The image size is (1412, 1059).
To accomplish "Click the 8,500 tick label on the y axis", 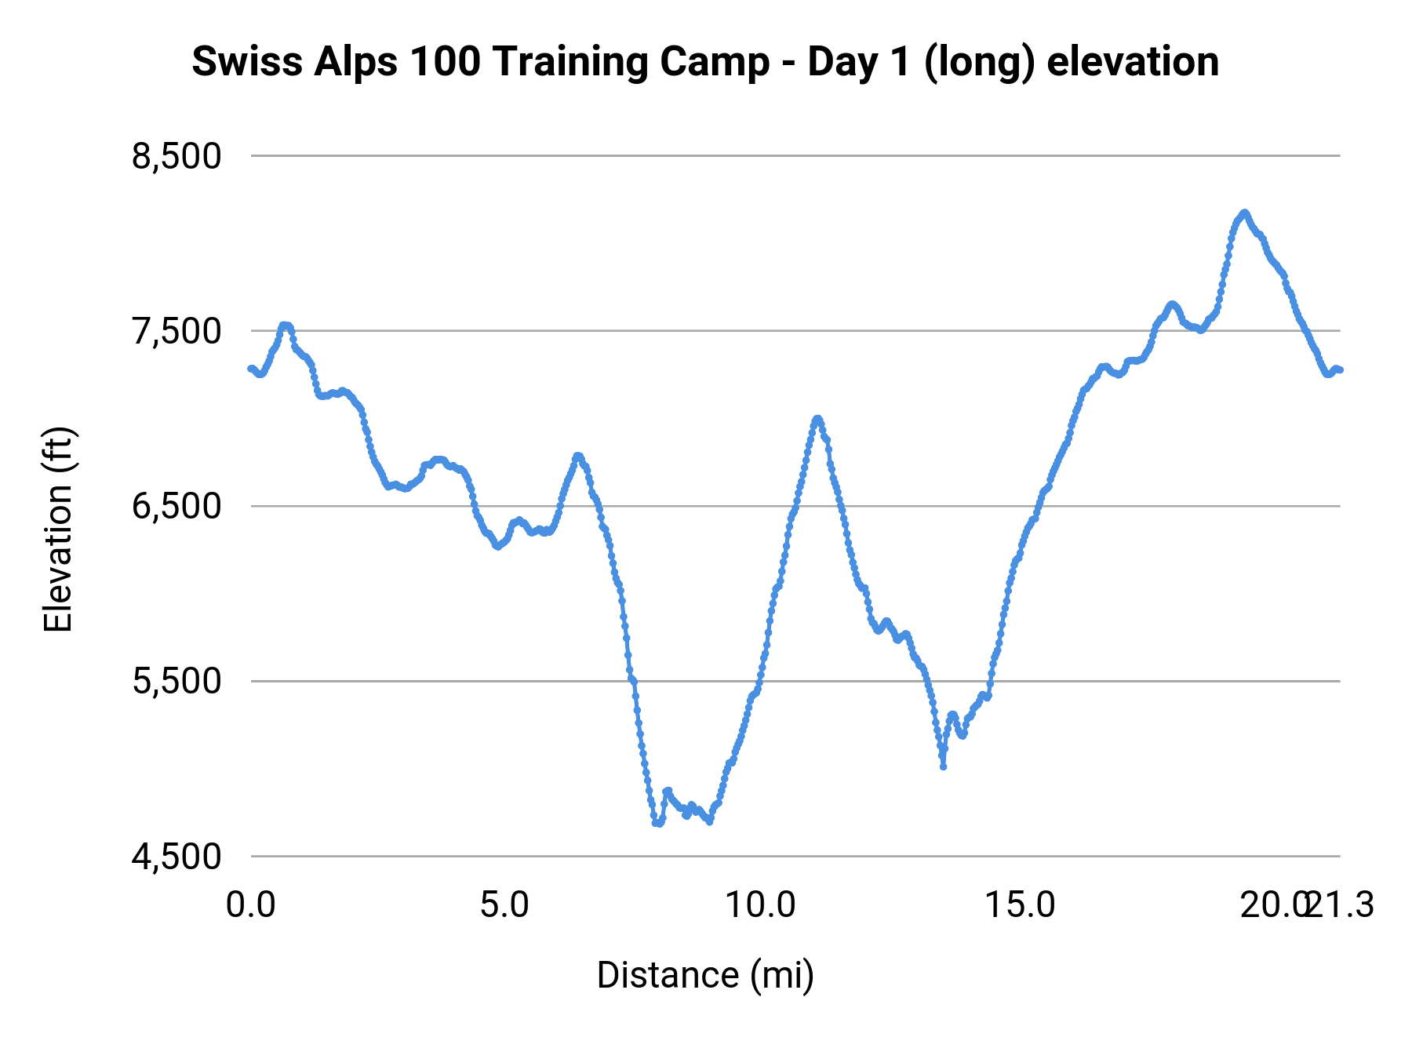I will pos(176,157).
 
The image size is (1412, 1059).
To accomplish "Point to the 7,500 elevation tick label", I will pos(176,332).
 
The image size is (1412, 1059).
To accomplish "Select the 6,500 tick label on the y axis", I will pos(176,507).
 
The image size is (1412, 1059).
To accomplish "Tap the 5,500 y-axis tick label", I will pos(176,682).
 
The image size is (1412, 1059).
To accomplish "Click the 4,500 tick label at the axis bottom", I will pos(176,857).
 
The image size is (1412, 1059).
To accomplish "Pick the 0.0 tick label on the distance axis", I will pos(251,905).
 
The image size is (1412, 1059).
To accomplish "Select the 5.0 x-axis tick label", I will pos(505,905).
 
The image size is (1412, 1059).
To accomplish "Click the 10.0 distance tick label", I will pos(759,905).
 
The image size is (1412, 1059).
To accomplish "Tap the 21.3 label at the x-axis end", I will pos(1343,905).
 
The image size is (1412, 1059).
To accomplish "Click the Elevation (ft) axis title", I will pos(58,529).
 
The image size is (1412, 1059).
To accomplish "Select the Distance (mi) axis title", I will pos(705,975).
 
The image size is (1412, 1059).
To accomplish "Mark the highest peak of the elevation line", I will pos(1244,213).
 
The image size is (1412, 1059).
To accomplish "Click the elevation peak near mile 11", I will pos(817,419).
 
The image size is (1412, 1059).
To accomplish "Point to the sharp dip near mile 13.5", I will pos(943,766).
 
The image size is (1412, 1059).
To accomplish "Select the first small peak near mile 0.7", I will pos(286,325).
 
